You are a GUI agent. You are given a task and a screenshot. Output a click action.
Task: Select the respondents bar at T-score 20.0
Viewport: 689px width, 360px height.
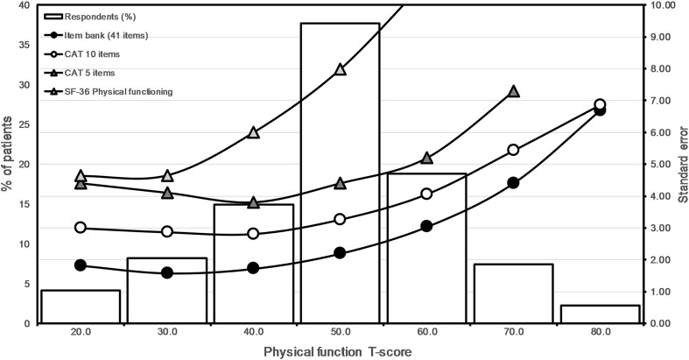coord(81,307)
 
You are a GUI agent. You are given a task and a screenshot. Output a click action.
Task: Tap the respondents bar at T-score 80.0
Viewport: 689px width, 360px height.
coord(600,314)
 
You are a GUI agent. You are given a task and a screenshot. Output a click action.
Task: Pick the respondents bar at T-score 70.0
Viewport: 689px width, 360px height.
coord(513,293)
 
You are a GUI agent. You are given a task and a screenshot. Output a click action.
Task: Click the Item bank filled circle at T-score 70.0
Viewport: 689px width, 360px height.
coord(513,183)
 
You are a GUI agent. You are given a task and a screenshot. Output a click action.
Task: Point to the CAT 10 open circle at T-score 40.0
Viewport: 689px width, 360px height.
coord(253,234)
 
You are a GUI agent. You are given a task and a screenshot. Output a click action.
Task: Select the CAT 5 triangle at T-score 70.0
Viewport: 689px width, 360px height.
coord(513,92)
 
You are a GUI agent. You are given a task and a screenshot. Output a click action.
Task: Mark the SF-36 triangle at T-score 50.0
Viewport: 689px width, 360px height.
coord(341,69)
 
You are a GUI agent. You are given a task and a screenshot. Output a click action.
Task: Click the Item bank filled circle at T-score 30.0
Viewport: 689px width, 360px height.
coord(167,273)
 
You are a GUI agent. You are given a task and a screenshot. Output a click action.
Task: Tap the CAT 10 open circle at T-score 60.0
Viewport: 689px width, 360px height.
coord(426,194)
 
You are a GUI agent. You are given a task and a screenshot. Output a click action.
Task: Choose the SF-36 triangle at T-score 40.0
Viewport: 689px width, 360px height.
coord(253,132)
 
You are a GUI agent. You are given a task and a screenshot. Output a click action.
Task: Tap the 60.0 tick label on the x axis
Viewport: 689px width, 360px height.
coord(426,334)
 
